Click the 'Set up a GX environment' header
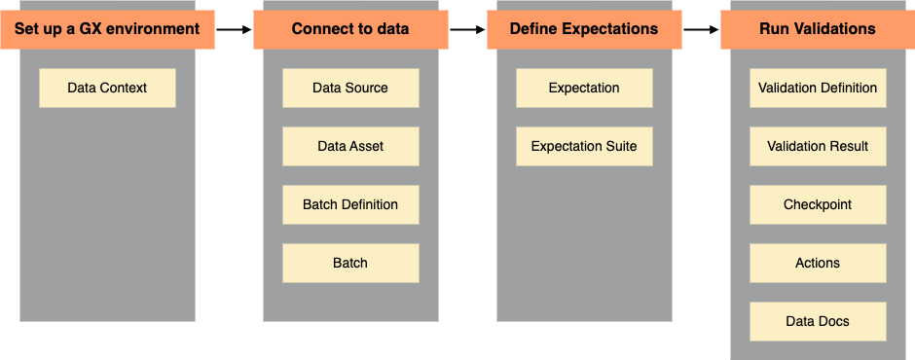(x=107, y=29)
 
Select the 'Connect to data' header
(x=350, y=29)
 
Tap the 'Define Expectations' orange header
(x=584, y=29)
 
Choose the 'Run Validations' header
(x=818, y=29)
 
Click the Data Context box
(x=107, y=88)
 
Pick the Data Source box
(x=350, y=88)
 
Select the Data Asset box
(x=350, y=146)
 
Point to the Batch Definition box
(x=350, y=204)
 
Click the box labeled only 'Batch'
(x=350, y=263)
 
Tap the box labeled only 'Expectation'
(x=584, y=88)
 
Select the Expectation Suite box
(x=584, y=146)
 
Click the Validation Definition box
(x=818, y=88)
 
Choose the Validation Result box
(x=818, y=146)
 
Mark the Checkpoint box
(x=818, y=204)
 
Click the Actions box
(x=818, y=263)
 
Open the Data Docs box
(x=818, y=321)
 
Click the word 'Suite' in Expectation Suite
(x=619, y=146)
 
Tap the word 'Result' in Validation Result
(x=848, y=146)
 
